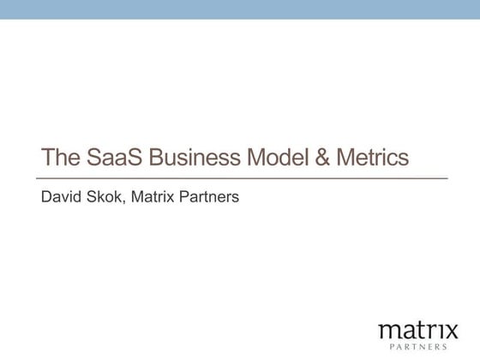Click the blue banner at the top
(x=240, y=9)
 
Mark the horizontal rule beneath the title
(x=244, y=178)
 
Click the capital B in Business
(x=157, y=159)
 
